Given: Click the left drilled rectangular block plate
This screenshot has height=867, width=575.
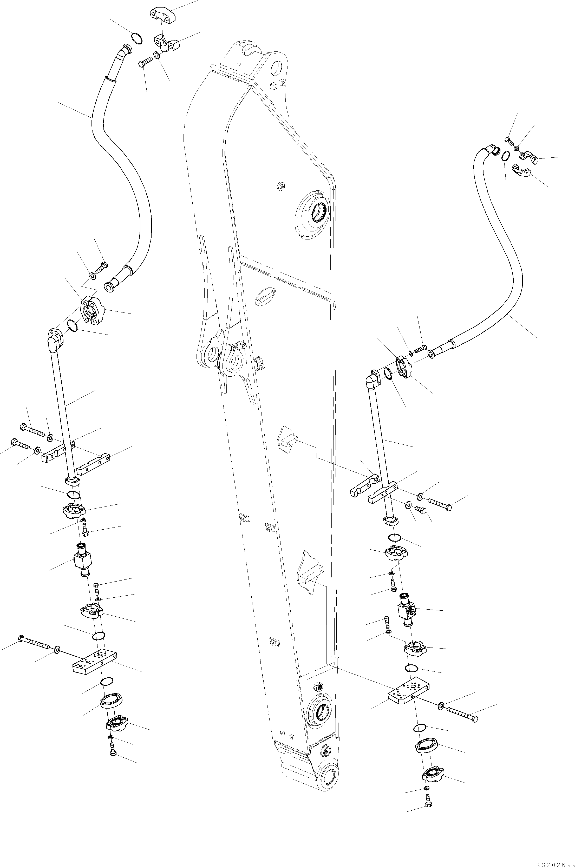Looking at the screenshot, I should [95, 662].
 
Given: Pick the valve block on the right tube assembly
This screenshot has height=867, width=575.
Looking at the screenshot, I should [406, 610].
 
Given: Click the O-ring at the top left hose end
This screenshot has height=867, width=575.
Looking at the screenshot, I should [137, 38].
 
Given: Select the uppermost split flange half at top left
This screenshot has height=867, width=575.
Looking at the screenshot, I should [162, 15].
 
